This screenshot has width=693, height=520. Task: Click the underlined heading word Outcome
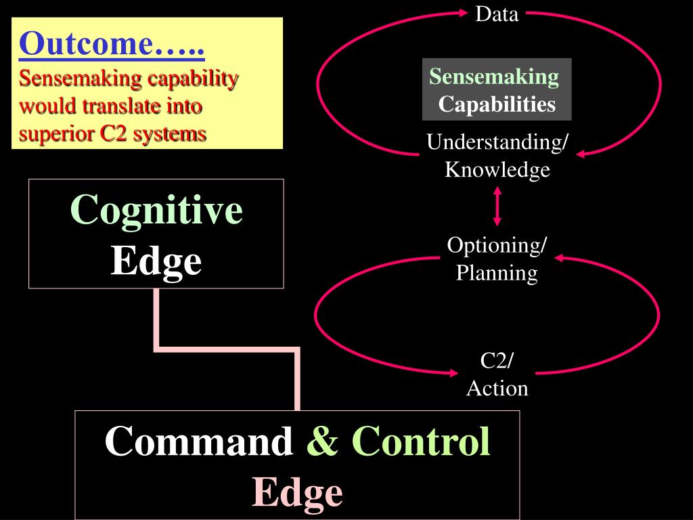click(85, 45)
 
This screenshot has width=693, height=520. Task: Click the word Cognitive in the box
click(156, 209)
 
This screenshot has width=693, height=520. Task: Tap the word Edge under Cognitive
click(156, 260)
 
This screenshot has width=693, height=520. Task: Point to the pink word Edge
click(297, 492)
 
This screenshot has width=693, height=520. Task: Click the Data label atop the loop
click(497, 14)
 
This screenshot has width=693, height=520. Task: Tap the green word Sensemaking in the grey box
click(495, 77)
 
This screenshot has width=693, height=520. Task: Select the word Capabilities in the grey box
click(497, 104)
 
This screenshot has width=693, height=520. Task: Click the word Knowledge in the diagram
click(497, 169)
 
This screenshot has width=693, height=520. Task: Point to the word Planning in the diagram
click(497, 273)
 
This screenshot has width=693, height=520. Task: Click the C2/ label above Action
click(497, 360)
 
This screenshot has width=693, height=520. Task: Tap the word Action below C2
click(497, 388)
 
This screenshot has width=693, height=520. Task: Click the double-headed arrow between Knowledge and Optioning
click(497, 207)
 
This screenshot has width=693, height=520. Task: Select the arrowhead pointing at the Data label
click(464, 12)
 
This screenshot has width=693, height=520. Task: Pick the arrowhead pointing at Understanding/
click(581, 153)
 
